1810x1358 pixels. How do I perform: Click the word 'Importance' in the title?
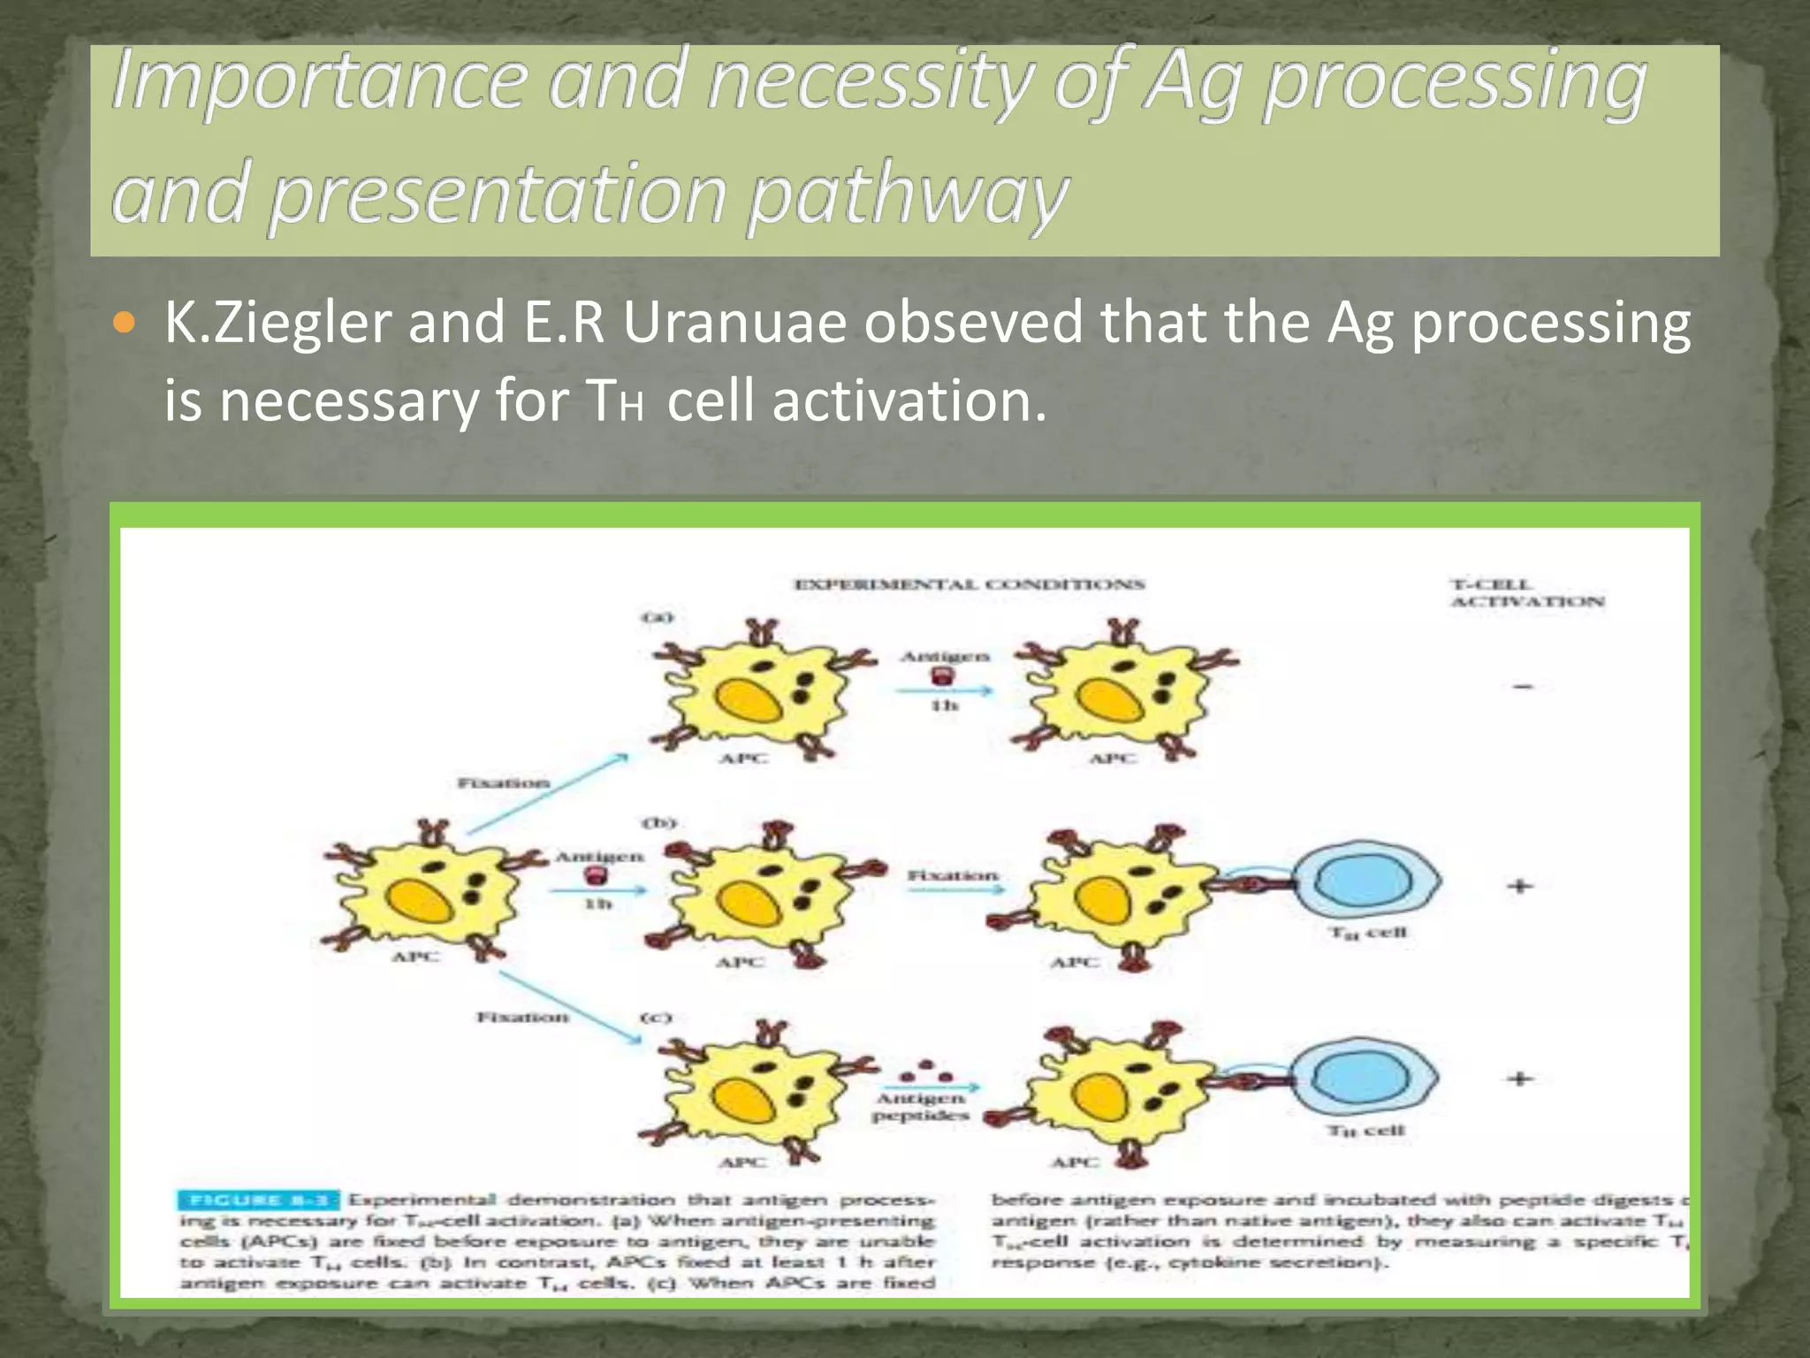pos(318,81)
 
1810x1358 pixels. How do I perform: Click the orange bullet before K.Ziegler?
pos(125,324)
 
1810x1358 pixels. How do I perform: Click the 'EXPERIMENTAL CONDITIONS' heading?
pos(970,584)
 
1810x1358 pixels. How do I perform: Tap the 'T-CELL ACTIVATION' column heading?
pos(1526,593)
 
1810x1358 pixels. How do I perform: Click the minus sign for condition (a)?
pos(1523,686)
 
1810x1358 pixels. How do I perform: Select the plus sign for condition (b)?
pos(1520,885)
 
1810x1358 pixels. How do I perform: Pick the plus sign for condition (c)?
pos(1520,1078)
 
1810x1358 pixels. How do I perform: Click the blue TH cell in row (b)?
pos(1365,881)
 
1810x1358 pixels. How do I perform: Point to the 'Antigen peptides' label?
pos(920,1106)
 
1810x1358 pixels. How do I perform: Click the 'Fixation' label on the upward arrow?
pos(503,782)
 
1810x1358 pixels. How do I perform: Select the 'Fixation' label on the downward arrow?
pos(522,1017)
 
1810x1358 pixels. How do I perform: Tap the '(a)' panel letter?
pos(657,616)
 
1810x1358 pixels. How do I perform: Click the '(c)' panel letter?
pos(657,1018)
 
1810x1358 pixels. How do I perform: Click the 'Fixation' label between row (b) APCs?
pos(952,874)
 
